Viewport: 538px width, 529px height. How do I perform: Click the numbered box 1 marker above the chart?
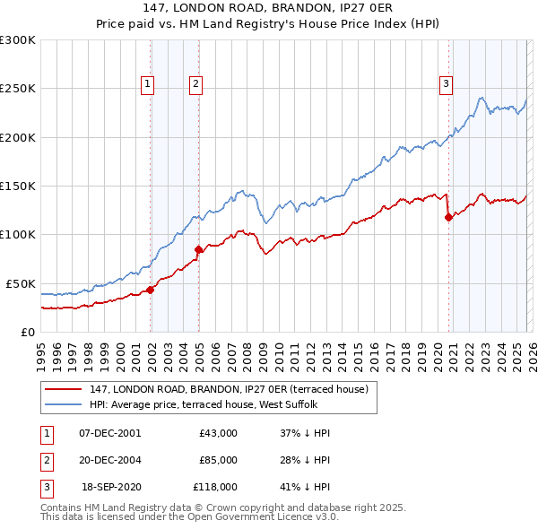pyautogui.click(x=147, y=85)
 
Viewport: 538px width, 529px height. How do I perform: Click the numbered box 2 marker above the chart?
pyautogui.click(x=195, y=85)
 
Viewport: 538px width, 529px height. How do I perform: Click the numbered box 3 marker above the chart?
pyautogui.click(x=445, y=85)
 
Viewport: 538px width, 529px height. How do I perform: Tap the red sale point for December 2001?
pyautogui.click(x=151, y=290)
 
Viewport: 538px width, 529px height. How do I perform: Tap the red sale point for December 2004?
pyautogui.click(x=199, y=249)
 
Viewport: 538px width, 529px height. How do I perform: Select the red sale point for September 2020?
pyautogui.click(x=448, y=217)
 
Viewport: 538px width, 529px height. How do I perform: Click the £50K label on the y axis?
pyautogui.click(x=21, y=283)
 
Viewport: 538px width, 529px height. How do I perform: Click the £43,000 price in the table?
pyautogui.click(x=218, y=433)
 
